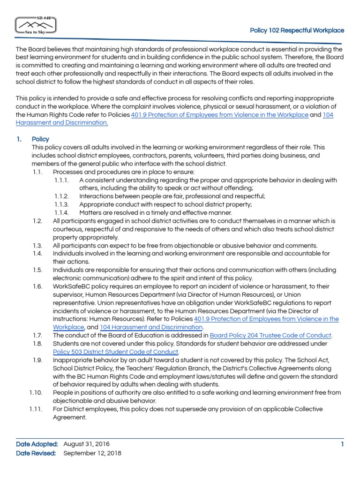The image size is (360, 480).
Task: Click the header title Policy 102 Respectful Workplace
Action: [297, 30]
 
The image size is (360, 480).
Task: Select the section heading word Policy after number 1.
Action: [40, 139]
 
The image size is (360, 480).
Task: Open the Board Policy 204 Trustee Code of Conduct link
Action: [270, 335]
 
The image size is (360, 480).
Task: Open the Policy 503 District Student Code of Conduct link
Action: [115, 352]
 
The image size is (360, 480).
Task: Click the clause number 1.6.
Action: [37, 286]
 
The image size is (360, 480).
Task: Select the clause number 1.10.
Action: [36, 392]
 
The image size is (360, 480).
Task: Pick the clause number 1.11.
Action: [36, 409]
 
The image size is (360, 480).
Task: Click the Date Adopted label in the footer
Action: [37, 444]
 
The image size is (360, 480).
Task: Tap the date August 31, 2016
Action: [87, 444]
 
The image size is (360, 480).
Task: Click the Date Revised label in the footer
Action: [36, 453]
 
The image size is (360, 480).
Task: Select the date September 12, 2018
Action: [92, 453]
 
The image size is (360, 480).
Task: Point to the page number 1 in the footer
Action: [342, 444]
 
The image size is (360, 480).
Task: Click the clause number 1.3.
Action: [37, 245]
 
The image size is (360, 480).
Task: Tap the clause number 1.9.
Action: [37, 360]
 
